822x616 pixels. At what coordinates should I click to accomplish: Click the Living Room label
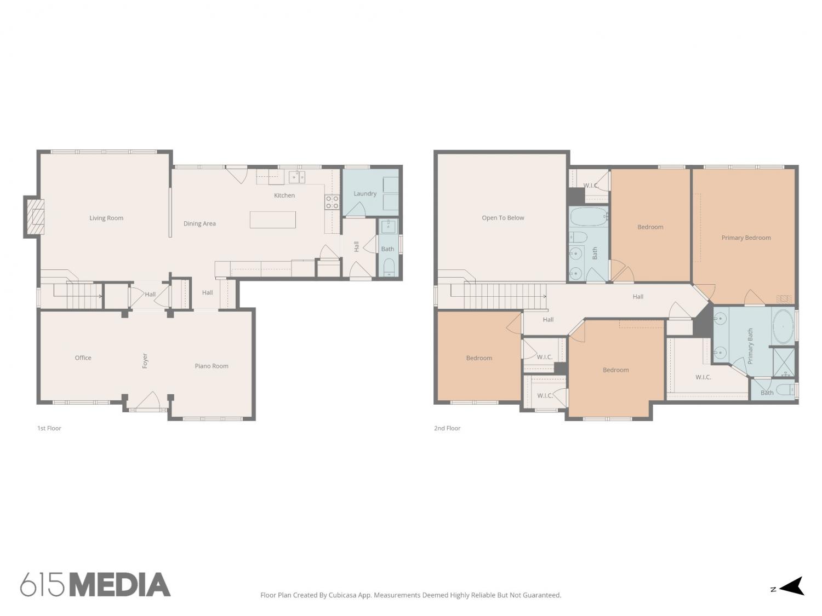point(106,218)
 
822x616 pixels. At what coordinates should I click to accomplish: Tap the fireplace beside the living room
point(35,217)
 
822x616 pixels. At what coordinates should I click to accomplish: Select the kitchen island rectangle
point(272,220)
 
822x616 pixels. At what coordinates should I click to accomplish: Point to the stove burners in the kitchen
point(332,203)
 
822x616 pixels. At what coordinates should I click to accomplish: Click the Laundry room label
point(365,194)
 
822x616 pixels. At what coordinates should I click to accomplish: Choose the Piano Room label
point(211,366)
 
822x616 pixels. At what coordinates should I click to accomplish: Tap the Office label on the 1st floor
point(83,358)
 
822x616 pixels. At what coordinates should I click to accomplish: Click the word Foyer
point(145,361)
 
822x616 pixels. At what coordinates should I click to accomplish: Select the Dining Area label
point(199,223)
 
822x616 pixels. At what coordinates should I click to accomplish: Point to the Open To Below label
point(503,218)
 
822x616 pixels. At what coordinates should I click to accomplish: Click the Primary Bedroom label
point(746,238)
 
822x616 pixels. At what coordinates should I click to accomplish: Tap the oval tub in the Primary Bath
point(783,326)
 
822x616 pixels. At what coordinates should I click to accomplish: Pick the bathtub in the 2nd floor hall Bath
point(589,216)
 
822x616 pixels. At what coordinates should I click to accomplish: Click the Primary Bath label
point(750,346)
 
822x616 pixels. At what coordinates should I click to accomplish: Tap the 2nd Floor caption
point(447,428)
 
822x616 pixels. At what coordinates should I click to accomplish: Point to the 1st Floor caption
point(49,428)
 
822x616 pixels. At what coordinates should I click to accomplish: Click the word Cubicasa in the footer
point(342,595)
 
